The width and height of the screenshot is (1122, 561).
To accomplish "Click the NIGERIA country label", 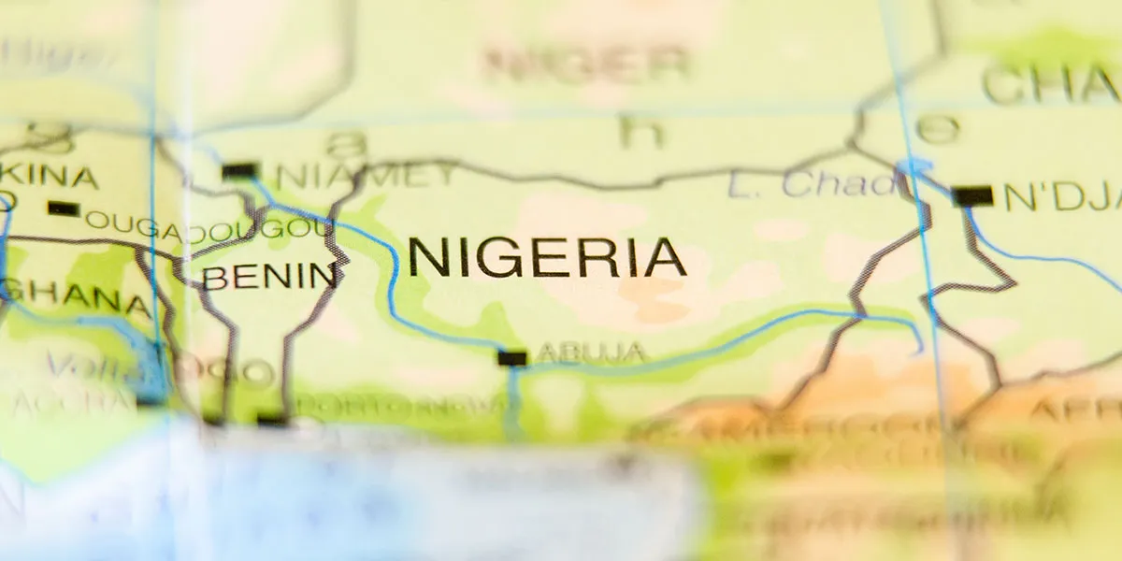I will click(x=547, y=257).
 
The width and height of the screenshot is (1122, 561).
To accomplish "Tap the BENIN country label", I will click(x=270, y=276).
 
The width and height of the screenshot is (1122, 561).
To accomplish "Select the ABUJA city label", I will click(x=591, y=352).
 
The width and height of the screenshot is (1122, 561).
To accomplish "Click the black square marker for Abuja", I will click(x=511, y=357).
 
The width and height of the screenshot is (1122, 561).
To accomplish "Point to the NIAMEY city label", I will click(x=365, y=175).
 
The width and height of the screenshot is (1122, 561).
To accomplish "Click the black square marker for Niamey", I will click(x=239, y=171).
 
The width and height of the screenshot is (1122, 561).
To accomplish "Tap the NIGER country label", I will click(x=586, y=63).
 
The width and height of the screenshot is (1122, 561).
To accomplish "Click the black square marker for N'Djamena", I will click(x=972, y=195).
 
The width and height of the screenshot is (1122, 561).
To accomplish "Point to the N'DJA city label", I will click(x=1061, y=196).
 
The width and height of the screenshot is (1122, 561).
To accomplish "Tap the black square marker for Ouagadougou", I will click(x=63, y=209).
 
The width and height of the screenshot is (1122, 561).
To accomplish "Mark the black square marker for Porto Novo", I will click(x=272, y=421).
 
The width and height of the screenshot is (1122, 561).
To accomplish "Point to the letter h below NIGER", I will click(x=640, y=132).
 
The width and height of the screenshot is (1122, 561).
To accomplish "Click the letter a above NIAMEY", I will click(x=347, y=142).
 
